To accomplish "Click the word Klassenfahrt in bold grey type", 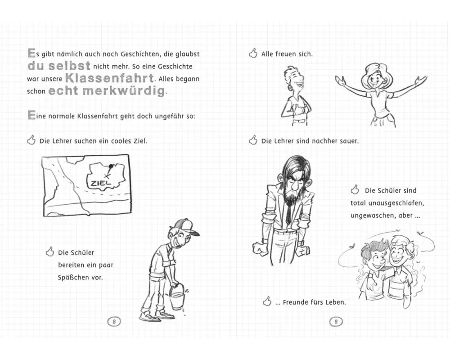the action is click(110, 78).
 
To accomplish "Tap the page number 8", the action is click(114, 322).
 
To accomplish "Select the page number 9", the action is click(336, 322).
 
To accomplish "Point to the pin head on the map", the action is click(111, 166).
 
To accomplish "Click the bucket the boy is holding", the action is click(176, 298).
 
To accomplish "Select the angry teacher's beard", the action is click(290, 195).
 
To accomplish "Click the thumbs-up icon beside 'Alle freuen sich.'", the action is click(253, 53).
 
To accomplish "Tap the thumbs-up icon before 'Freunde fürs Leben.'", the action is click(267, 301).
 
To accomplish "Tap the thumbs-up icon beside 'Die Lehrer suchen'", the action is click(31, 140).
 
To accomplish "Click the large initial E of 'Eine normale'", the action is click(31, 115).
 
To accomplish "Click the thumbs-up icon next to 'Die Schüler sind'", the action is click(355, 189).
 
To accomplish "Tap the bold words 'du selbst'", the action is click(59, 66).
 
